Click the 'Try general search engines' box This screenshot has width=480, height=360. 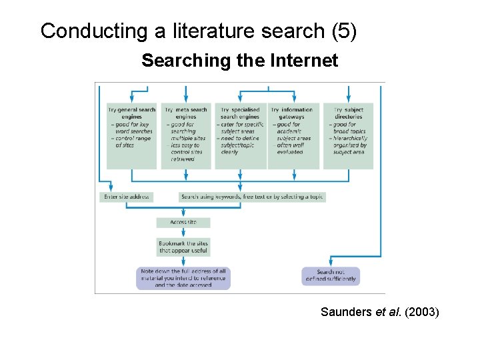pyautogui.click(x=131, y=135)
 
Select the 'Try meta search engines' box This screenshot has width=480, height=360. pyautogui.click(x=185, y=135)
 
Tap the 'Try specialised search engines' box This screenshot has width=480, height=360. pyautogui.click(x=240, y=135)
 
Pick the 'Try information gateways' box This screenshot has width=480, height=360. pyautogui.click(x=293, y=135)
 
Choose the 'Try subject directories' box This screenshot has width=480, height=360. pyautogui.click(x=348, y=135)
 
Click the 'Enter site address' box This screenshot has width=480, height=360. pyautogui.click(x=127, y=197)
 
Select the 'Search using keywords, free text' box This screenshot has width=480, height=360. pyautogui.click(x=252, y=197)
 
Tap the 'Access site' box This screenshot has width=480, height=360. pyautogui.click(x=183, y=222)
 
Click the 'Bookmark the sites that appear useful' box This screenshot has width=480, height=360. pyautogui.click(x=183, y=247)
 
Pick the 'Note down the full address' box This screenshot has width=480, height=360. pyautogui.click(x=183, y=278)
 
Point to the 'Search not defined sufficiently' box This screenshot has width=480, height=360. pyautogui.click(x=336, y=275)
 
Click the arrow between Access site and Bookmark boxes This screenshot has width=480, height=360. pyautogui.click(x=183, y=233)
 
